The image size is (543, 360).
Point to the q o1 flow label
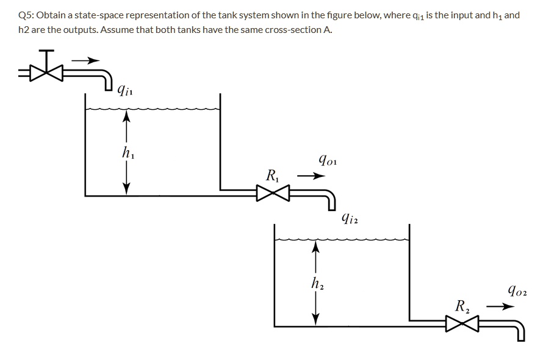328,161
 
